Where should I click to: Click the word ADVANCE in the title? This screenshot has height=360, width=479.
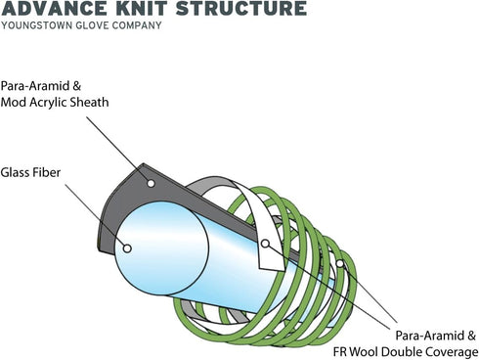point(54,8)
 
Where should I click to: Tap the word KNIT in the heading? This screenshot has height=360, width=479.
point(142,8)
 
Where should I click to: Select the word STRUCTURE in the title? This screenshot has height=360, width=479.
point(241,8)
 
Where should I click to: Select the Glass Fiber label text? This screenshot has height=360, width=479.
point(30,172)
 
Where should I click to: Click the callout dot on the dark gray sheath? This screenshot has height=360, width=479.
point(151,183)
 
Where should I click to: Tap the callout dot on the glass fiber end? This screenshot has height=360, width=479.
point(127,248)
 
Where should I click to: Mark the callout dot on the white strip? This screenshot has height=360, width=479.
point(265,244)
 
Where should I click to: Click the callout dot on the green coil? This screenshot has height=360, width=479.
point(340,263)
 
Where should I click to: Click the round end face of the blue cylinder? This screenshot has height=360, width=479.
point(161,248)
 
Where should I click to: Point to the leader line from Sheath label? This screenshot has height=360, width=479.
point(117,149)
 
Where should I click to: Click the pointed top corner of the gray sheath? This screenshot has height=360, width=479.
point(143,163)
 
